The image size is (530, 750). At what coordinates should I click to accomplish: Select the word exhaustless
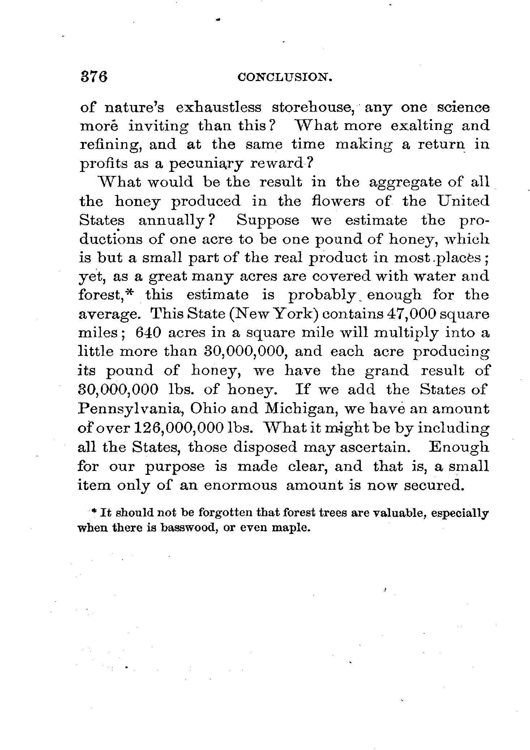click(218, 108)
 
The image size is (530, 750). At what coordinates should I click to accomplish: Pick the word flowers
click(338, 201)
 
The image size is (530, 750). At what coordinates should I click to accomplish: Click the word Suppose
click(268, 220)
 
